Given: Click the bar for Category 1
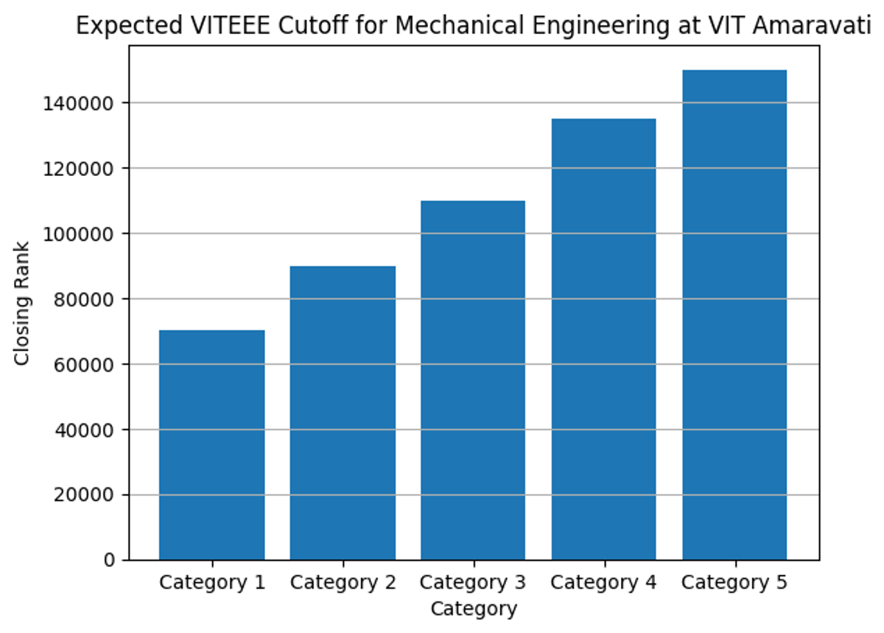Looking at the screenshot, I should (x=212, y=445).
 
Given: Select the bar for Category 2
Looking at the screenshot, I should (x=343, y=413).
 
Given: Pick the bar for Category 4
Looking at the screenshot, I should (x=603, y=339).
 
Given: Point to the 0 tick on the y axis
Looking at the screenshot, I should (x=109, y=561).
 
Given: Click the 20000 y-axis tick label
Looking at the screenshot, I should (x=85, y=495).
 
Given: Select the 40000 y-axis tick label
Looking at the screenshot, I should (x=85, y=430).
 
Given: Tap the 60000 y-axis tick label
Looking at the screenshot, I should (x=85, y=364).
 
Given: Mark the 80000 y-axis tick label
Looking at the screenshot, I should (x=85, y=299).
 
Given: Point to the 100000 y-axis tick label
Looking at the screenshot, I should (x=80, y=234).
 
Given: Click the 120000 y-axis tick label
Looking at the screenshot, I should (x=80, y=169).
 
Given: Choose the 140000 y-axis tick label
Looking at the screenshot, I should (x=80, y=103).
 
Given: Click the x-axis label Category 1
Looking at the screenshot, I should (x=212, y=583).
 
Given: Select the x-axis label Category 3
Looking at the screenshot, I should (x=473, y=583).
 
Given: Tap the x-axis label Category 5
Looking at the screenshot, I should (x=734, y=583).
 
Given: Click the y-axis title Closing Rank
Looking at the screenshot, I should (x=22, y=303).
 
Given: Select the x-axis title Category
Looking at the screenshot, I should (x=474, y=609).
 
